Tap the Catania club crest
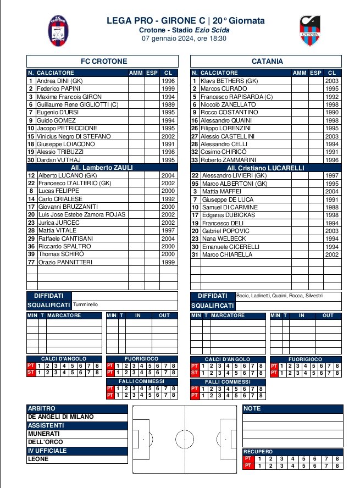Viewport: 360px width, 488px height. [x=310, y=31]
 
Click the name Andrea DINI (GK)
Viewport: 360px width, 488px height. [x=60, y=81]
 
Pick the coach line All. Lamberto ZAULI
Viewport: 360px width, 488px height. [x=102, y=168]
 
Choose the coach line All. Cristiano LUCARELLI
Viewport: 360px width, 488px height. [x=265, y=168]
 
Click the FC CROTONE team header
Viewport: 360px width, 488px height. [x=102, y=61]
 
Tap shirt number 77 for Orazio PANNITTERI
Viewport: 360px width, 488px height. [x=31, y=263]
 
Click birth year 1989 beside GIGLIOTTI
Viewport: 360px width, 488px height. [x=168, y=104]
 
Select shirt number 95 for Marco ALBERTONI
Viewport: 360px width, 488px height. [x=195, y=184]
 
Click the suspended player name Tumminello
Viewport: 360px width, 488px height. [x=86, y=304]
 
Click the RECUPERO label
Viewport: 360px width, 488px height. [x=258, y=452]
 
